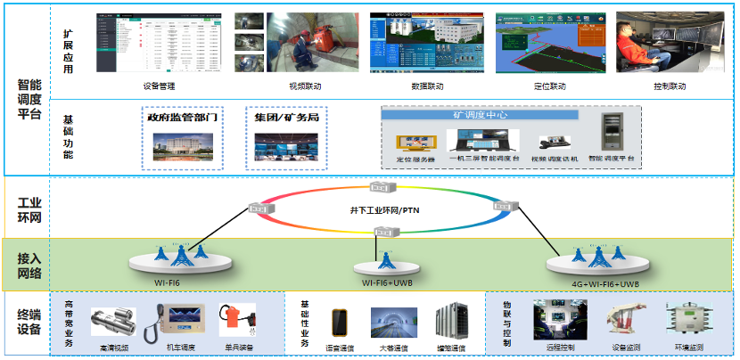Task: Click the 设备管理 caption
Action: tap(159, 86)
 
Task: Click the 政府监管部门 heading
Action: tap(181, 117)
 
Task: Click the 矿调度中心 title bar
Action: tap(510, 115)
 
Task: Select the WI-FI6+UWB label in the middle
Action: tap(386, 282)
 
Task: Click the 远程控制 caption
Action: tap(560, 346)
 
